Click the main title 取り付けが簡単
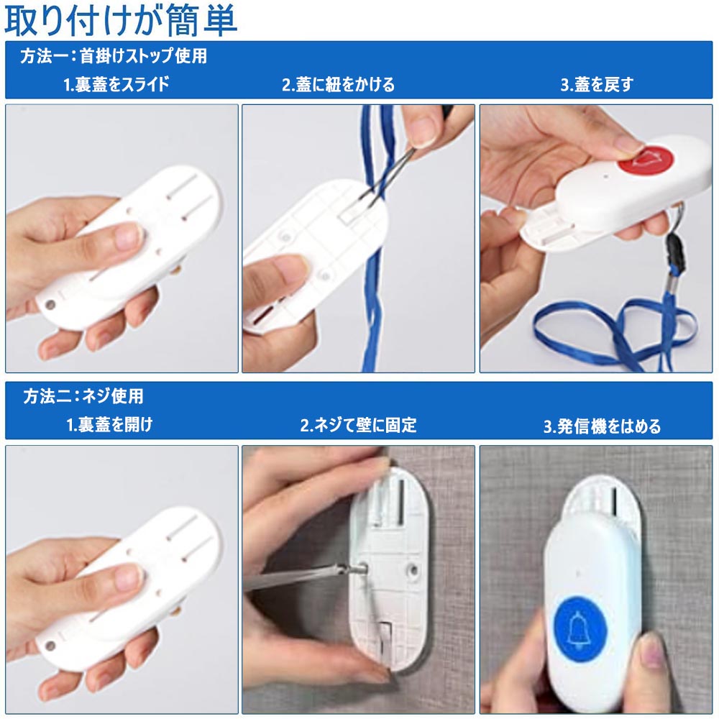pos(121,20)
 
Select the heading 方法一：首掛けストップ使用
pos(114,56)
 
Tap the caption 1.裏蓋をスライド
pos(116,84)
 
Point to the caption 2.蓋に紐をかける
pos(338,85)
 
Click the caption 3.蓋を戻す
pos(597,85)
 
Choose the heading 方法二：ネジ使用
pos(83,396)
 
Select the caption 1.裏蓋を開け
pos(109,425)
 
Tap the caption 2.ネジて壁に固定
pos(358,425)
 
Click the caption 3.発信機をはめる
pos(602,426)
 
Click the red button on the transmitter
pos(645,159)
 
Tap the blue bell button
pos(580,628)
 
